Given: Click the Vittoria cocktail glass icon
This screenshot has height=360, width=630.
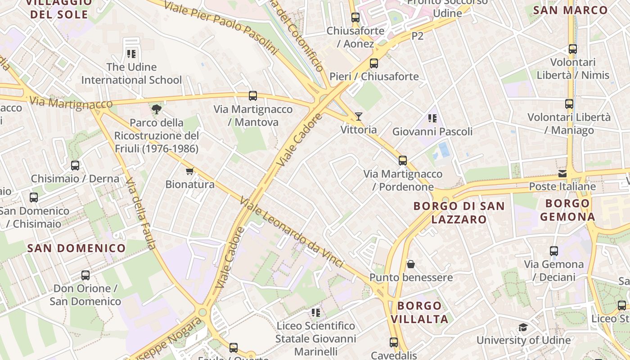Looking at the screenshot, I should click(x=358, y=117).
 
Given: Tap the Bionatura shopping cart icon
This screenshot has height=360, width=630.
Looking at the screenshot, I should click(x=189, y=171).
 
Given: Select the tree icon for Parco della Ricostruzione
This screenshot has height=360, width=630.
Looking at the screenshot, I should click(x=156, y=109).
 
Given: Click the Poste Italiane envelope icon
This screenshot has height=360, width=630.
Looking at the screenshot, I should click(x=562, y=173).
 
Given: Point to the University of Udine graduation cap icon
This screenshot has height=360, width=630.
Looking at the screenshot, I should click(x=523, y=327).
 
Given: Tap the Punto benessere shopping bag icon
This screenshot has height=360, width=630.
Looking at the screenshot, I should click(x=410, y=264).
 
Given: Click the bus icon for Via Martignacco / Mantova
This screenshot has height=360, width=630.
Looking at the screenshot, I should click(x=253, y=95).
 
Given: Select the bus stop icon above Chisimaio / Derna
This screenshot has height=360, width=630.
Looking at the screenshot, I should click(x=75, y=165).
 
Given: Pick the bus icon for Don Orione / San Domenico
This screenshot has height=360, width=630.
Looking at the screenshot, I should click(x=85, y=275).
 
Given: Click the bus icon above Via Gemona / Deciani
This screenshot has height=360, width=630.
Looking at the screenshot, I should click(x=554, y=251).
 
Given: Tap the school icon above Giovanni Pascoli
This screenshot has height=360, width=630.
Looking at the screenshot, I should click(x=432, y=118).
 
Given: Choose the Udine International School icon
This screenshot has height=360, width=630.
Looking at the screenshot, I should click(x=131, y=54).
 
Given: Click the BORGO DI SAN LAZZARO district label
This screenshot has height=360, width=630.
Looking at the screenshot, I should click(x=459, y=212).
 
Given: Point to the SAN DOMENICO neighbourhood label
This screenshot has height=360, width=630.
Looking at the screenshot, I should click(x=76, y=248).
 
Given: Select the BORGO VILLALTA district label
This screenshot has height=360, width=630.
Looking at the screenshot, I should click(x=419, y=312).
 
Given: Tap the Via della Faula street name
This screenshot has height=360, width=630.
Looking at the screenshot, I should click(x=141, y=214).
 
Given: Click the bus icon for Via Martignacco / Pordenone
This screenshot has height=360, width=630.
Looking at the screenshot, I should click(x=402, y=160).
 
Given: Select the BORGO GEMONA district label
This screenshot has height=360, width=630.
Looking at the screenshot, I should click(x=567, y=210).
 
